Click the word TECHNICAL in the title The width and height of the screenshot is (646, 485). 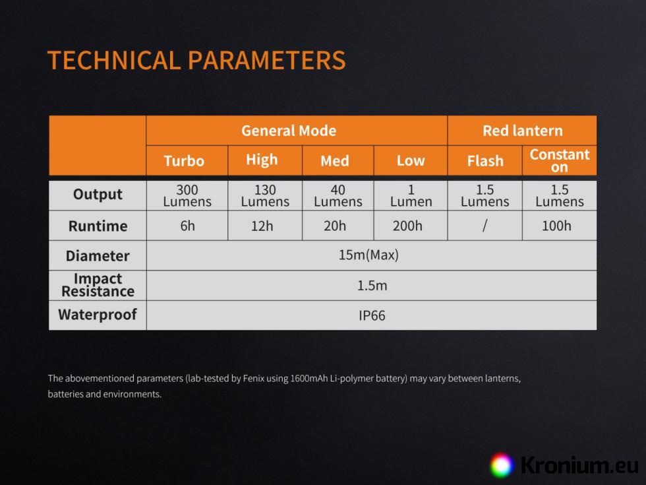pos(114,60)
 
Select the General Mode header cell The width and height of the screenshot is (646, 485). pos(297,131)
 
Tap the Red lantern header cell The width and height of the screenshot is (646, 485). pos(522,131)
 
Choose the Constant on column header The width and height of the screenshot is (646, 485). pos(560,160)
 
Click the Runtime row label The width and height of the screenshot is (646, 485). pos(98,226)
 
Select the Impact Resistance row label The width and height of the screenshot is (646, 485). pos(98,285)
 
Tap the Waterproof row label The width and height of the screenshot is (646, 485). pos(98,315)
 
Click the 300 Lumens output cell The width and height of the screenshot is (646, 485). pos(187,195)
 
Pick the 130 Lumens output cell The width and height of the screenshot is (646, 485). pos(265,195)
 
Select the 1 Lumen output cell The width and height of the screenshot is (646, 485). pos(411,195)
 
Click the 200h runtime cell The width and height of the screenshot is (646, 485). pos(407,226)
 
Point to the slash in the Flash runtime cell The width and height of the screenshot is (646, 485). pos(485,226)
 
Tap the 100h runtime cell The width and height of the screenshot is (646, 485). pos(556,226)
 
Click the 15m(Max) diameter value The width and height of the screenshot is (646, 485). pos(368,255)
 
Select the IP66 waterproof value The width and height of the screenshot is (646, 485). pos(372,315)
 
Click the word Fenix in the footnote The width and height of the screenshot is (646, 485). pos(254,378)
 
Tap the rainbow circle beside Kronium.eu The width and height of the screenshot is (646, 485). pos(502,465)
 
